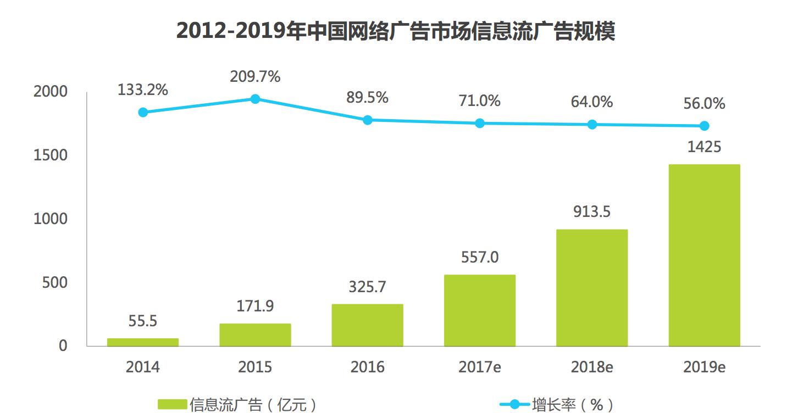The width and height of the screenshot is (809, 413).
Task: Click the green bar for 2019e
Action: (x=704, y=255)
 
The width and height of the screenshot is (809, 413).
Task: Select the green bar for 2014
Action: (x=143, y=342)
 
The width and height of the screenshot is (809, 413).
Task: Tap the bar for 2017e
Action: (x=480, y=310)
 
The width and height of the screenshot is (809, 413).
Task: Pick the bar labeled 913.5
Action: (x=592, y=288)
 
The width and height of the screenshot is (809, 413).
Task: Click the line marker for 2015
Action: (x=255, y=99)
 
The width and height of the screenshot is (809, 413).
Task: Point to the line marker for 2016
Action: (x=368, y=120)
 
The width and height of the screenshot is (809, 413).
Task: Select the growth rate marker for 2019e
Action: (x=704, y=126)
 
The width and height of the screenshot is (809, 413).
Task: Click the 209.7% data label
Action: (x=255, y=76)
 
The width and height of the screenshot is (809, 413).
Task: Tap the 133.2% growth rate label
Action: (x=143, y=90)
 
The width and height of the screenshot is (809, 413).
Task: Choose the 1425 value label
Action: (x=704, y=147)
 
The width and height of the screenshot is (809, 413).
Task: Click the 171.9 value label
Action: (x=255, y=306)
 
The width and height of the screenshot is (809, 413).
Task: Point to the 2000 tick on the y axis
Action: (x=50, y=92)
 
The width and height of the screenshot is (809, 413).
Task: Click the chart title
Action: (x=396, y=32)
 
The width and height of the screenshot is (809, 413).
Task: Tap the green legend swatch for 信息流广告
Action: (x=172, y=405)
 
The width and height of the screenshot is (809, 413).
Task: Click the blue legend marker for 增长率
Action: (x=514, y=405)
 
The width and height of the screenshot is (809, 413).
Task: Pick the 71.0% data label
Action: (x=480, y=101)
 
